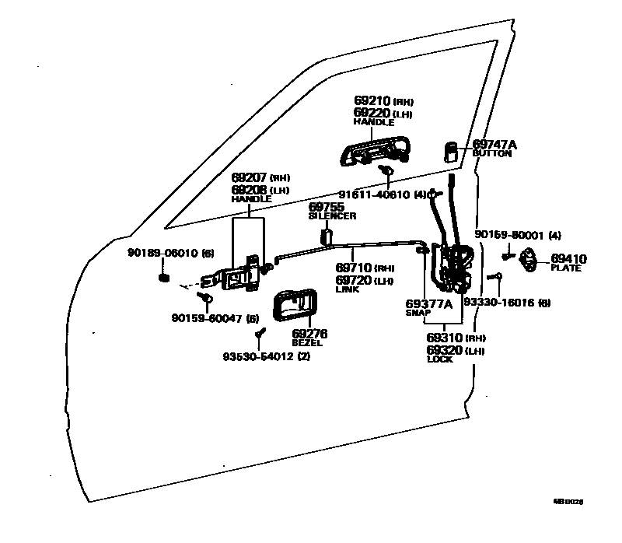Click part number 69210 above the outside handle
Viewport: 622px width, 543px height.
[x=372, y=101]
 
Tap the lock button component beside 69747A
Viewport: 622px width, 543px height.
[x=452, y=150]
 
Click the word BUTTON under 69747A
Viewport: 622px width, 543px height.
[x=491, y=154]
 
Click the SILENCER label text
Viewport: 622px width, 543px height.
[x=332, y=215]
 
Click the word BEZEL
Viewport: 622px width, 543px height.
[x=306, y=342]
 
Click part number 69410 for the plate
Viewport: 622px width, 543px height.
[x=568, y=258]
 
